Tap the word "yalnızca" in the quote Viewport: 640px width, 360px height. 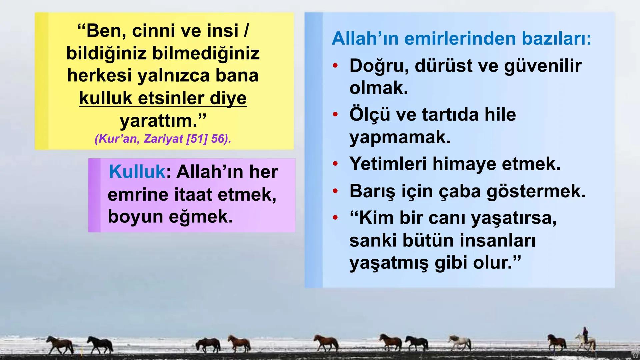click(173, 75)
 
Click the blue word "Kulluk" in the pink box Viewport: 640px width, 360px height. click(137, 172)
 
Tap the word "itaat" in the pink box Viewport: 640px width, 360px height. click(193, 194)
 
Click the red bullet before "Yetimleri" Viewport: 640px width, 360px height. click(335, 164)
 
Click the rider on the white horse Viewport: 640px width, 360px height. click(585, 333)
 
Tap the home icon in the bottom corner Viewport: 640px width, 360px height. click(635, 355)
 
